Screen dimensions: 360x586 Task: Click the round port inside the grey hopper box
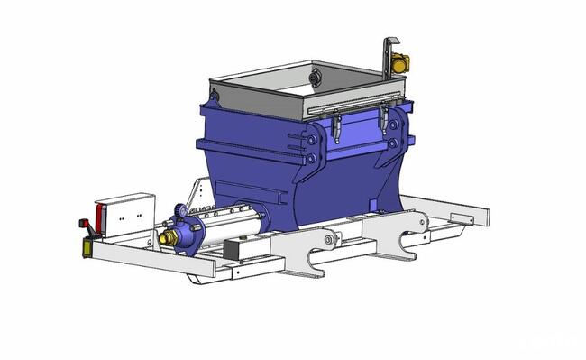315,80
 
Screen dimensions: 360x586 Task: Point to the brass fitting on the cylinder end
166,239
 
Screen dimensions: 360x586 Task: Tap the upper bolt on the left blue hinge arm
312,143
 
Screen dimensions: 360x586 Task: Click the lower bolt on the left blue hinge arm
312,159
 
